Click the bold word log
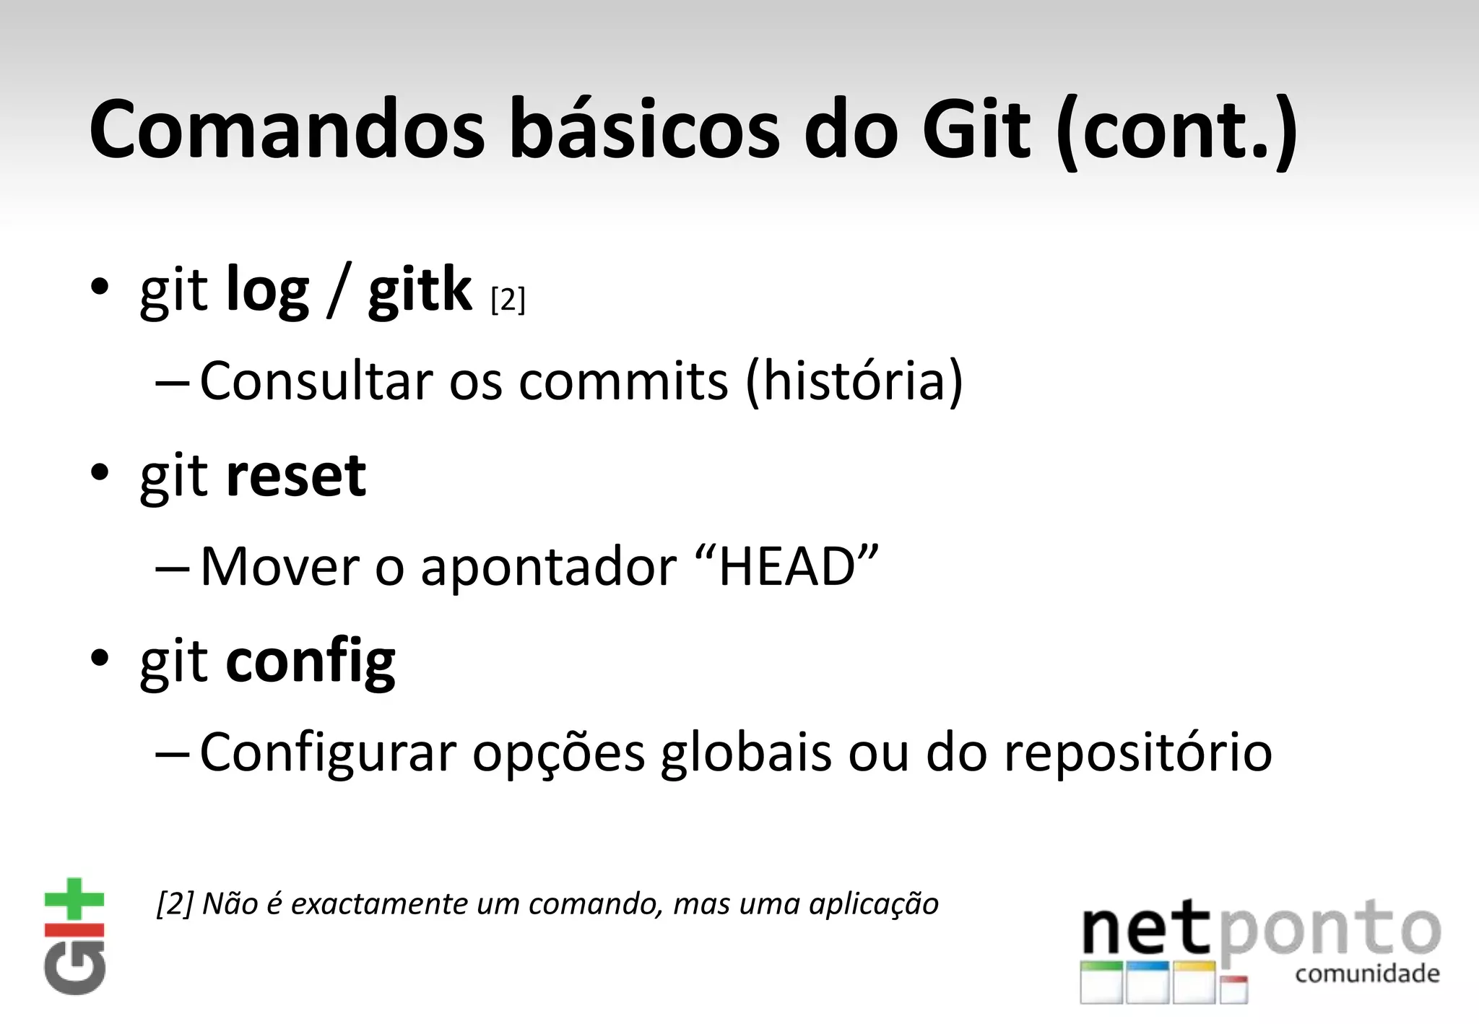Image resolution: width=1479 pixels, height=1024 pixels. click(267, 290)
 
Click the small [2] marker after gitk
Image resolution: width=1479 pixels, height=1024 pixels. click(508, 300)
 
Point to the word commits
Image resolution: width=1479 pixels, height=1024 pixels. click(623, 381)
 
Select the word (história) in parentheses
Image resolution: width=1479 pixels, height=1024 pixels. click(854, 381)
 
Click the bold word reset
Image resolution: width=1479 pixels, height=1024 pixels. click(295, 476)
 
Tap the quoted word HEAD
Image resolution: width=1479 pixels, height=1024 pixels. click(788, 566)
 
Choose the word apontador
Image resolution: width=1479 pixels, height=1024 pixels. click(548, 568)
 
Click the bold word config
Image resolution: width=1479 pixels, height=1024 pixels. click(311, 661)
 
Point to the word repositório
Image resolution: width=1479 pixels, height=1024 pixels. click(1137, 752)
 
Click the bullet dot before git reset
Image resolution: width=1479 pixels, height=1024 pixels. click(100, 473)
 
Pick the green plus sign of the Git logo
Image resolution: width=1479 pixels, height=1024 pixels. click(74, 899)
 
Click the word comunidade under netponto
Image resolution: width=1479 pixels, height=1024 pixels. click(1367, 974)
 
